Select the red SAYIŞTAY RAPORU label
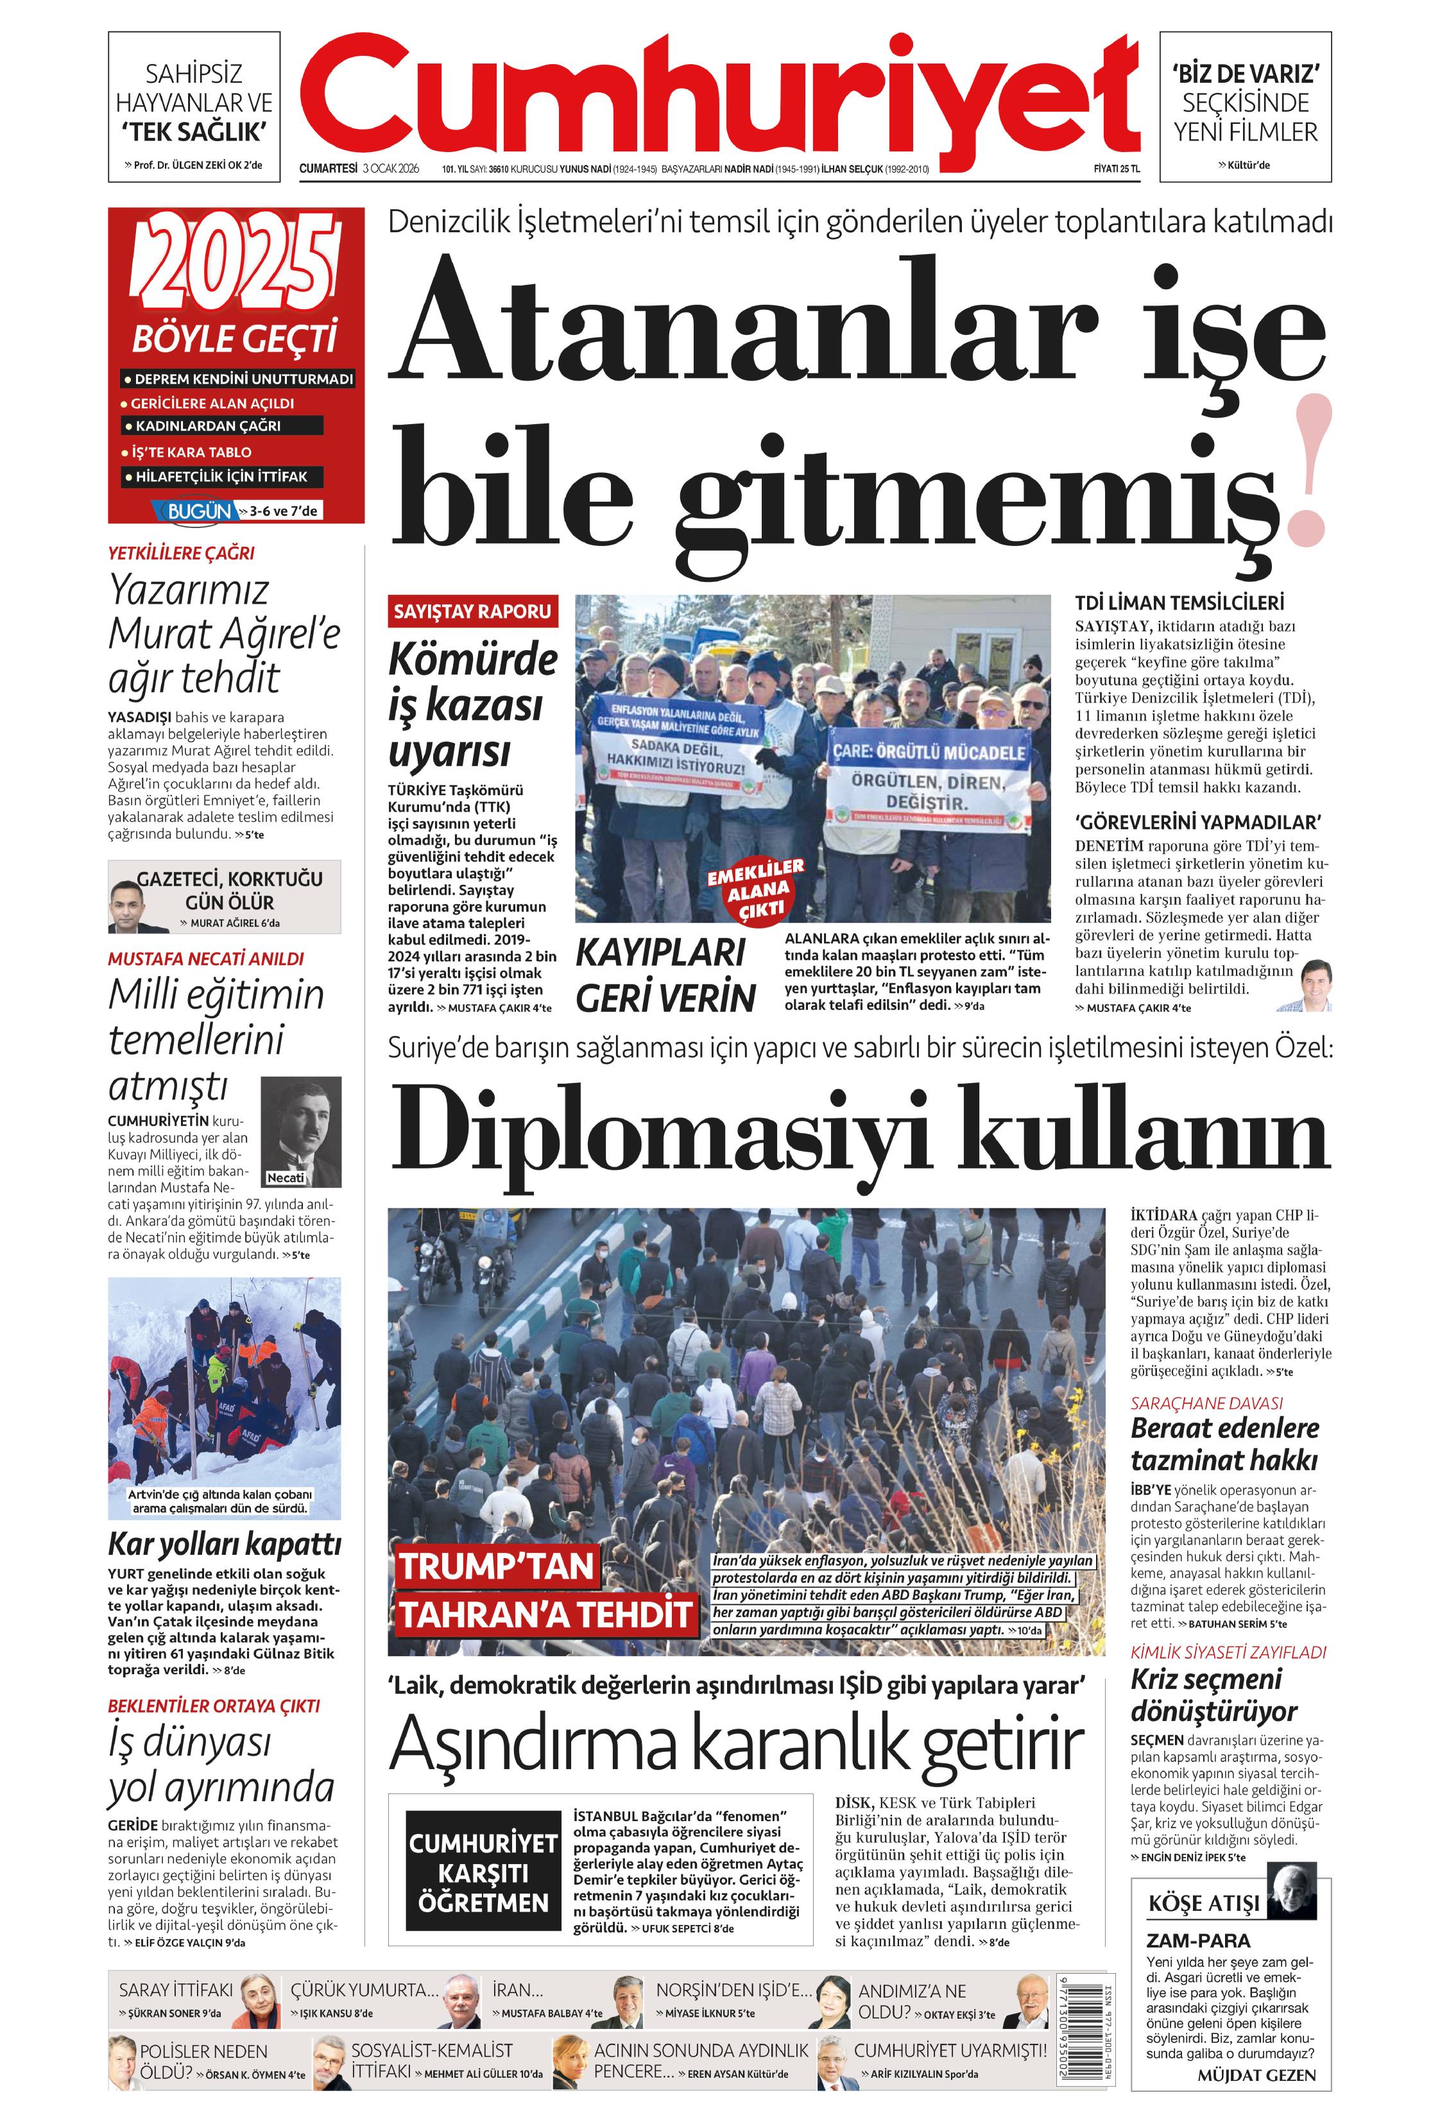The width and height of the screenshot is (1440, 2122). point(472,612)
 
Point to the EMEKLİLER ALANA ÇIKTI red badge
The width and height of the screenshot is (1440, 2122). point(756,887)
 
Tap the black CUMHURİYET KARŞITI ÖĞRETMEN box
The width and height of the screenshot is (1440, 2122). point(483,1871)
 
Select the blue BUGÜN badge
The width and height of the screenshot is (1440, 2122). point(199,511)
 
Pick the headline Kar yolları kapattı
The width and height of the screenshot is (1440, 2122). point(225,1544)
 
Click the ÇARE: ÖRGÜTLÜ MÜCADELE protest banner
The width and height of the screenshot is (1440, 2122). point(928,753)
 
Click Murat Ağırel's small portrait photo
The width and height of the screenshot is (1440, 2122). point(139,907)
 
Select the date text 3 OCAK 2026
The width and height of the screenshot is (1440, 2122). point(390,168)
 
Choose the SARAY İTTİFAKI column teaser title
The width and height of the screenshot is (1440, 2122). point(175,1990)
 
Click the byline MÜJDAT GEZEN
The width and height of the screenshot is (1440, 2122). point(1256,2075)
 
